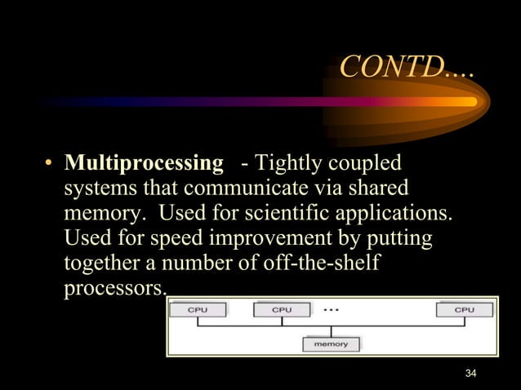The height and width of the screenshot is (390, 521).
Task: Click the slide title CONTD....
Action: (x=405, y=67)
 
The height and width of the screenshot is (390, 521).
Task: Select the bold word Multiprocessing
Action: (x=144, y=163)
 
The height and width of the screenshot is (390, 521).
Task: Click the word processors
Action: (x=114, y=290)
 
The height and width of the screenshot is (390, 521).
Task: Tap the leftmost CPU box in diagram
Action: (x=198, y=310)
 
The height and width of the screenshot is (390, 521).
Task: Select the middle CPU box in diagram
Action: (x=281, y=310)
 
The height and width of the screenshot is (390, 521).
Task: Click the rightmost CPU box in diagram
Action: (x=464, y=310)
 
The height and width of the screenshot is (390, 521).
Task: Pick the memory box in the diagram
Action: (x=331, y=344)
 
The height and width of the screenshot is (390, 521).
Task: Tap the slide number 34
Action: (x=470, y=374)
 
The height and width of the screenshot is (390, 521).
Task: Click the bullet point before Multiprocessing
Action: (x=48, y=165)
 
